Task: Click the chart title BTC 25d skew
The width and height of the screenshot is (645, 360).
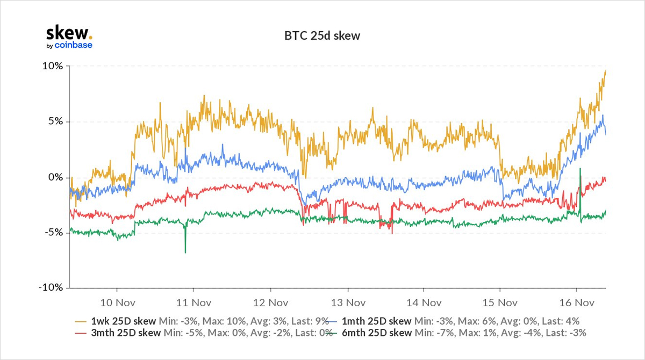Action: pyautogui.click(x=322, y=37)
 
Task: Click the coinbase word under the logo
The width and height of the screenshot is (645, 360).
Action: pyautogui.click(x=74, y=45)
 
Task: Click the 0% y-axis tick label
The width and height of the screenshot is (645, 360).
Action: pyautogui.click(x=55, y=177)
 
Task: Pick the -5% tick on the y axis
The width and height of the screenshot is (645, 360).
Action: pyautogui.click(x=53, y=232)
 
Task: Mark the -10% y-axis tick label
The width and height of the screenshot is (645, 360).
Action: pyautogui.click(x=51, y=287)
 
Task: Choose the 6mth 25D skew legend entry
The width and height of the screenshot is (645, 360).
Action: pyautogui.click(x=377, y=333)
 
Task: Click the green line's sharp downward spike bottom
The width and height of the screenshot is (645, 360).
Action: pyautogui.click(x=185, y=253)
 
